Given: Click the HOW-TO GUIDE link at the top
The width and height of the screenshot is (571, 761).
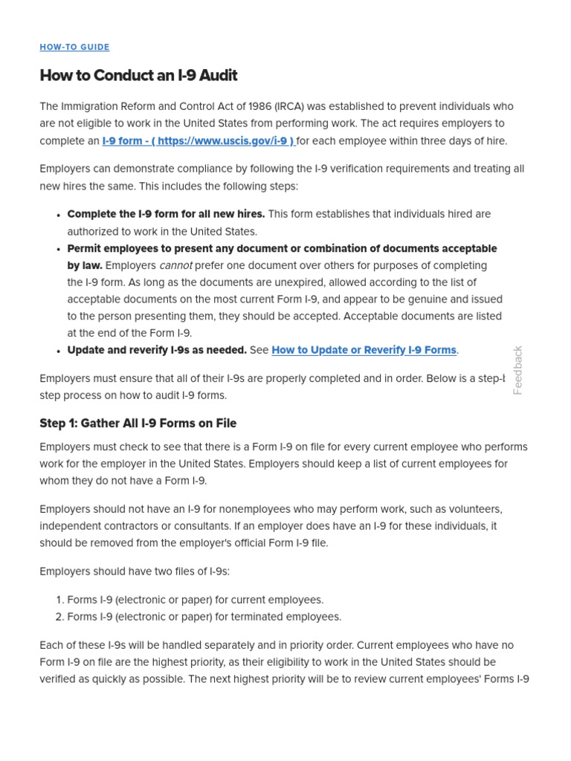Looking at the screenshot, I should (x=74, y=47).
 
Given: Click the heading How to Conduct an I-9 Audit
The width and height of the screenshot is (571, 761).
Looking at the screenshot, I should (x=138, y=76).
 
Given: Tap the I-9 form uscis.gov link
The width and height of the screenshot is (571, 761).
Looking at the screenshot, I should (x=198, y=140).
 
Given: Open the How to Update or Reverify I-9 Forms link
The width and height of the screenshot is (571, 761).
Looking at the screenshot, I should (x=364, y=350).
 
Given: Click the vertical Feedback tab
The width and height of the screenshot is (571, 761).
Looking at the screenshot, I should (x=518, y=370).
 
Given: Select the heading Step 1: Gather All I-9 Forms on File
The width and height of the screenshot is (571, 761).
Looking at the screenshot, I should (x=138, y=424).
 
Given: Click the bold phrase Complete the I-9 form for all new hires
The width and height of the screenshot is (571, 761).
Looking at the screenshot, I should (x=166, y=214).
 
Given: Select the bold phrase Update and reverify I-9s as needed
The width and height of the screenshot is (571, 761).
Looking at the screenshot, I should (x=157, y=350).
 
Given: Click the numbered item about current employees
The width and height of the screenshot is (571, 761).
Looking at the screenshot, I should (x=195, y=600).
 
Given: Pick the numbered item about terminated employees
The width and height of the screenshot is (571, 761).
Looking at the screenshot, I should (x=204, y=617).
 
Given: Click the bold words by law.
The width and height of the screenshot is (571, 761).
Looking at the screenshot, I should (x=85, y=265).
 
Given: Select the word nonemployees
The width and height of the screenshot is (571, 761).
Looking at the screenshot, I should (x=215, y=509).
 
